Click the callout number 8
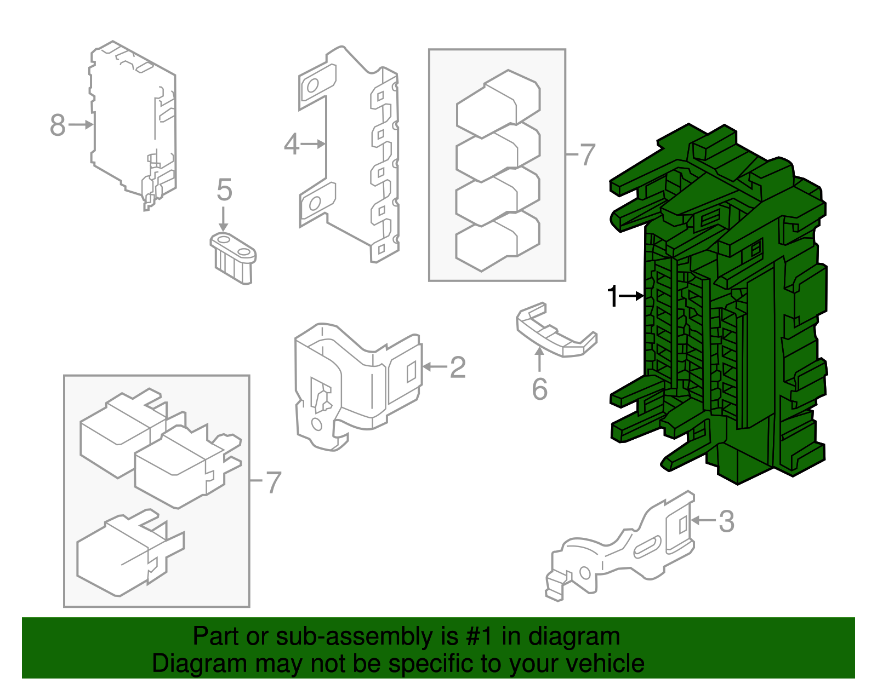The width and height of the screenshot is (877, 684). tap(58, 125)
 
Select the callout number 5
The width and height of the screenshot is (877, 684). tap(224, 189)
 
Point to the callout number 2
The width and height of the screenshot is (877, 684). tap(458, 367)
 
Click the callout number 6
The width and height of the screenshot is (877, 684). tap(539, 389)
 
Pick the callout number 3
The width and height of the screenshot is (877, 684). tap(726, 521)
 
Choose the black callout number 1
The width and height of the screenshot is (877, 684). tap(612, 296)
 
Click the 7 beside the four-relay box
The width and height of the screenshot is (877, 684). tap(587, 155)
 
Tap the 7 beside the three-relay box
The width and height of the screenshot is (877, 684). tap(273, 482)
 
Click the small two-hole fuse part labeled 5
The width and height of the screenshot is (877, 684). tap(234, 258)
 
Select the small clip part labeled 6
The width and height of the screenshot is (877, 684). tap(556, 330)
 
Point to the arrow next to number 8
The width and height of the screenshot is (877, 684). tap(81, 125)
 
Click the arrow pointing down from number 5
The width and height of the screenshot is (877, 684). tap(223, 219)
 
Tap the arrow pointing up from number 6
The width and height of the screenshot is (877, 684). tap(539, 360)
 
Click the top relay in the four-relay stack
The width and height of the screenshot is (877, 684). tap(498, 104)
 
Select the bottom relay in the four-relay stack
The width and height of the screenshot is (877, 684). tap(498, 241)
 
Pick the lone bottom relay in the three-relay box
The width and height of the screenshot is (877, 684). tap(130, 553)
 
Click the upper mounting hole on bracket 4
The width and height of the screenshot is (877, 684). tap(313, 85)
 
